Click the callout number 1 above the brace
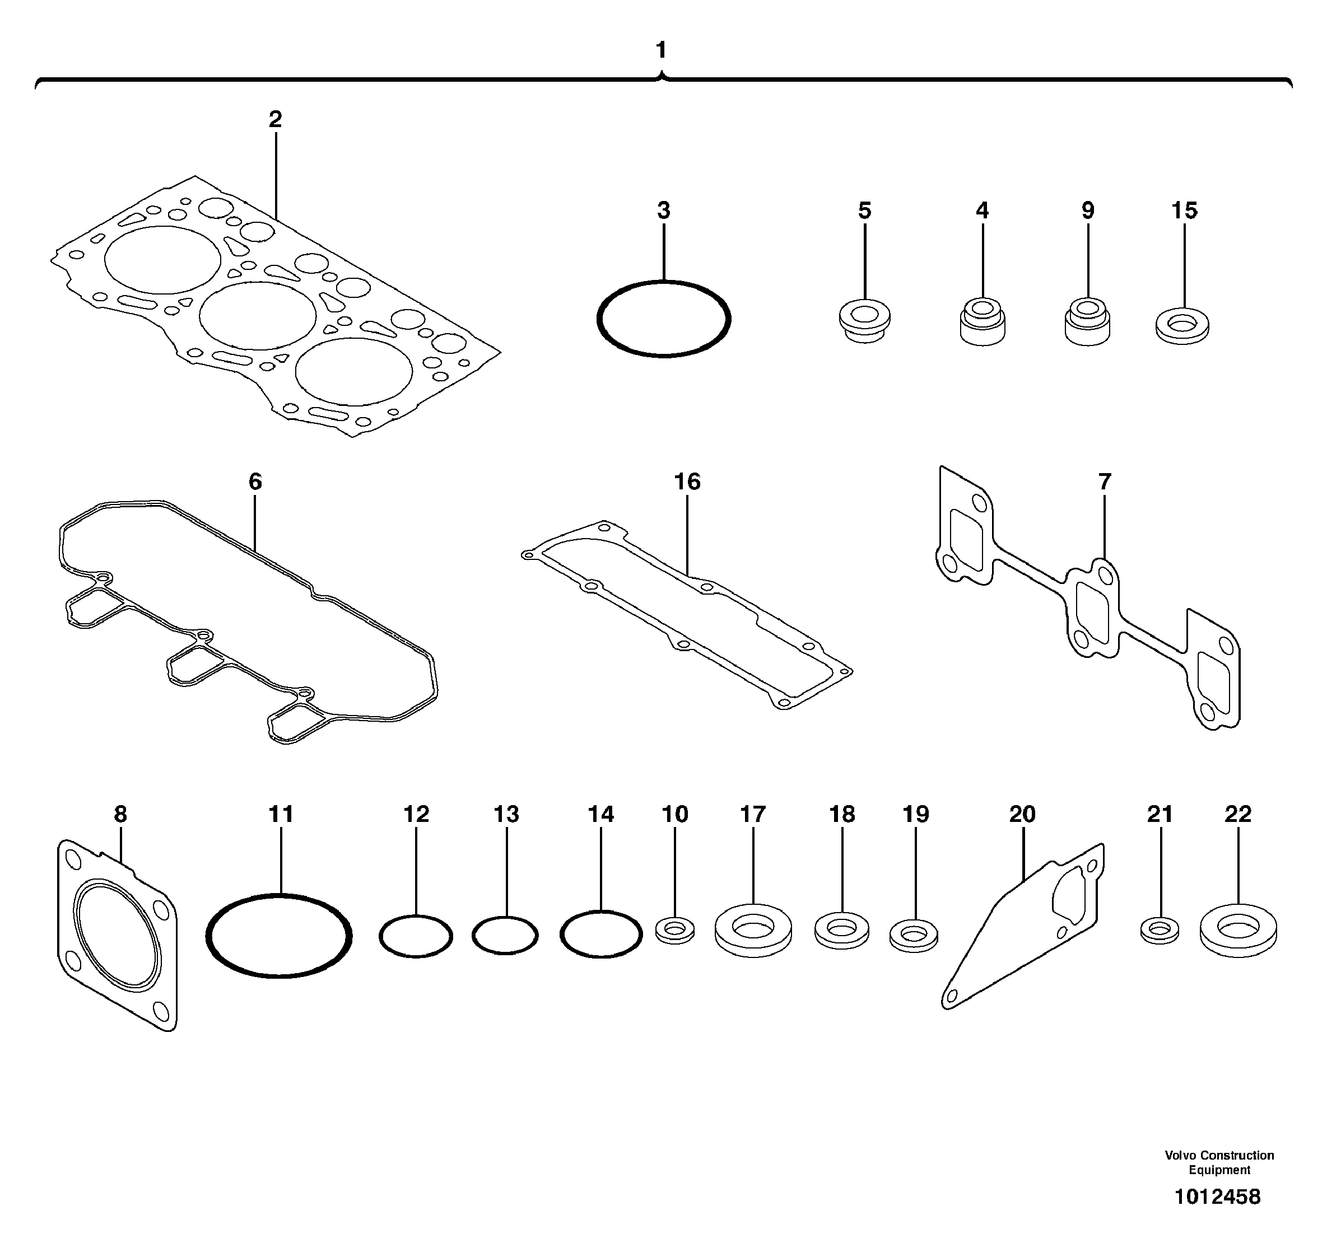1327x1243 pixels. [661, 50]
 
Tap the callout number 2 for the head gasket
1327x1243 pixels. [275, 119]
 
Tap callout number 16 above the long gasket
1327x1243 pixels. [687, 482]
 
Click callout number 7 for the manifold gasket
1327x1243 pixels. [1104, 482]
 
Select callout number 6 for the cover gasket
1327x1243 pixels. [255, 482]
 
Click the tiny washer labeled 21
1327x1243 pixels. [1160, 930]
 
